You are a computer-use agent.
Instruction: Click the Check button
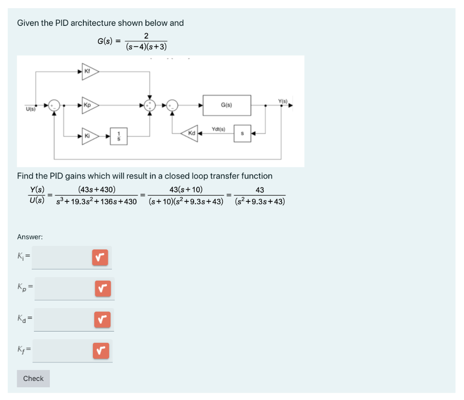tap(33, 378)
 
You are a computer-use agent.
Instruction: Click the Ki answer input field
tap(61, 258)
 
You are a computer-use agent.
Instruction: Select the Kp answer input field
tap(63, 288)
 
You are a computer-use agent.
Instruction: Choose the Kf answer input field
tap(62, 351)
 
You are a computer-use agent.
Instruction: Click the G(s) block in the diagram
tap(227, 105)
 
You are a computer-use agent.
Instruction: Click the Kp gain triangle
tap(89, 105)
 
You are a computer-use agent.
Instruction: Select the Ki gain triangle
tap(89, 136)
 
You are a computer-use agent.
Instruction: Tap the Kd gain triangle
tap(191, 134)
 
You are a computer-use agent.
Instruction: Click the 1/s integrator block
tap(119, 136)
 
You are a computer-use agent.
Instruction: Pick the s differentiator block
tap(242, 134)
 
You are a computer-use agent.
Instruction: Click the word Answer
tap(29, 237)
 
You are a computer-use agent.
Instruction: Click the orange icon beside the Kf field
tap(101, 351)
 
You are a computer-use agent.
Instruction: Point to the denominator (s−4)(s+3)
tap(146, 46)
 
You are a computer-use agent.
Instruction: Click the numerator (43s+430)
tap(97, 190)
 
